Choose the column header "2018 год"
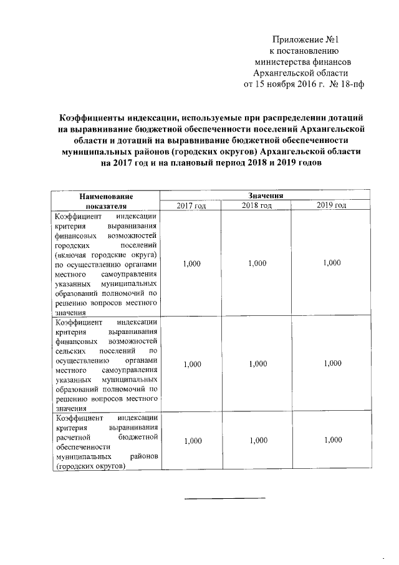[x=256, y=205]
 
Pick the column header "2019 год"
[x=332, y=205]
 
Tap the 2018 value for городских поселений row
[x=256, y=264]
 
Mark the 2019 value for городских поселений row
[x=332, y=264]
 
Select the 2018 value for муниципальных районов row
[x=256, y=441]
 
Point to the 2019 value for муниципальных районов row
[x=332, y=441]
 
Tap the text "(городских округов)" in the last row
[x=90, y=466]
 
